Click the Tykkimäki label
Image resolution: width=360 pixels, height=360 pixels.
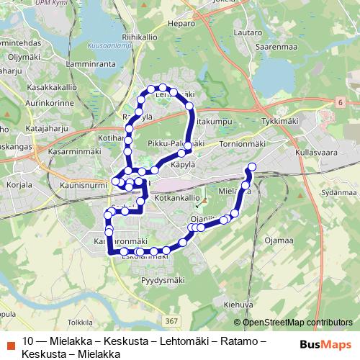281,122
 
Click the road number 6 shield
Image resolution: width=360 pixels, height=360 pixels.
338,104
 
